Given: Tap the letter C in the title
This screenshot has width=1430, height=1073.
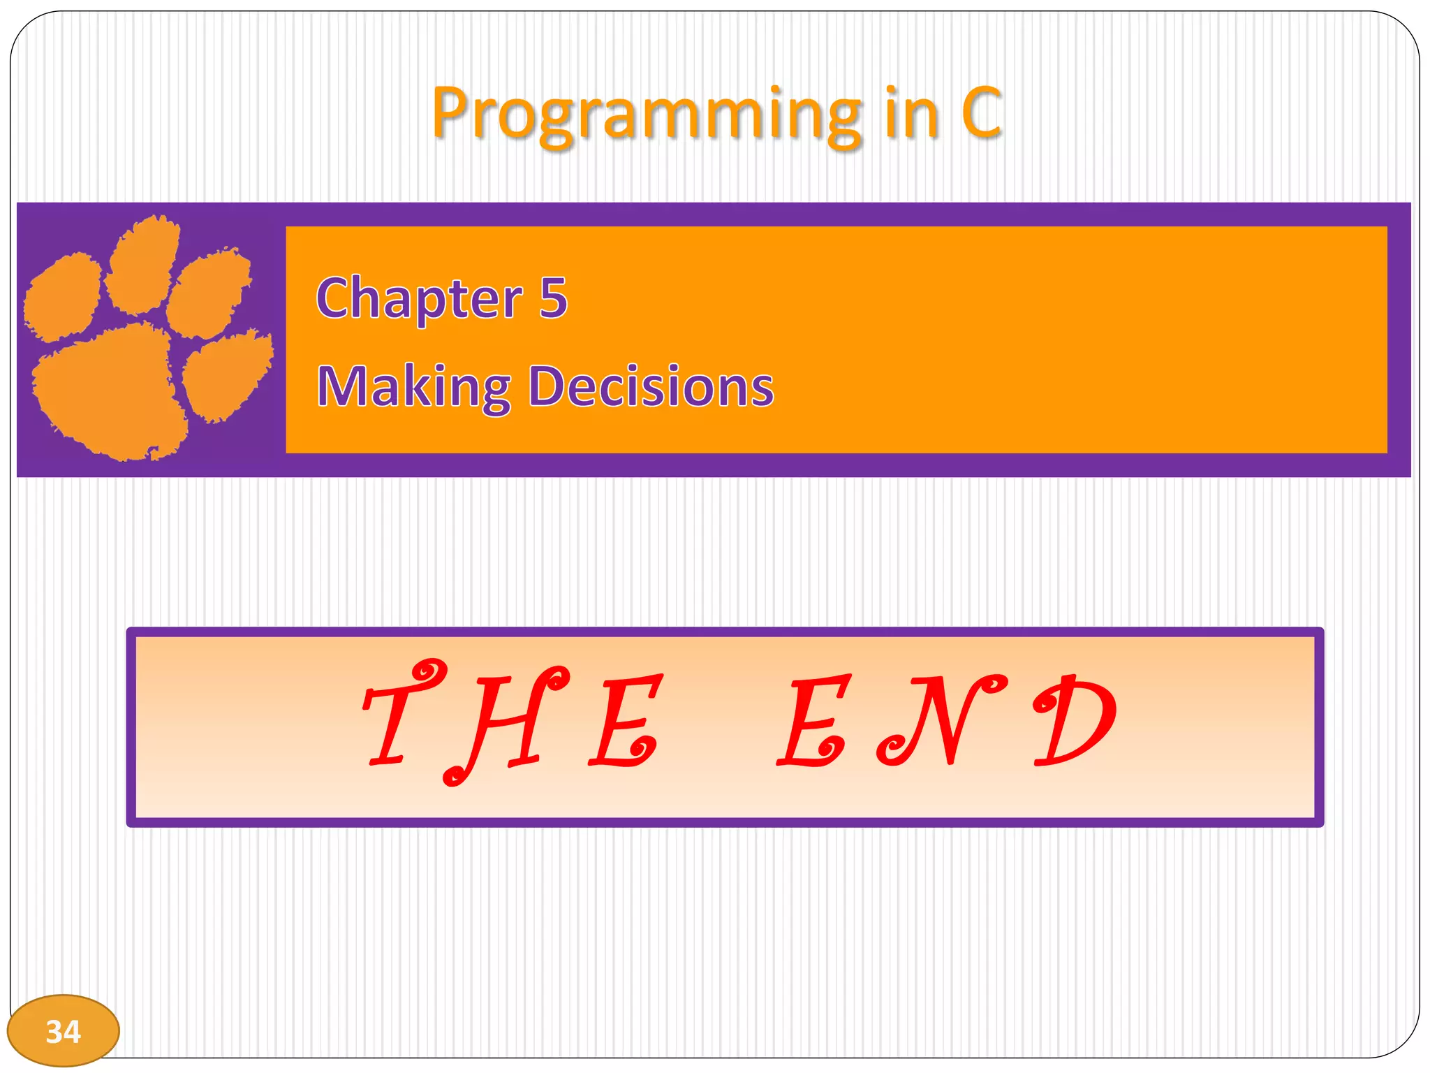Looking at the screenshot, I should point(981,112).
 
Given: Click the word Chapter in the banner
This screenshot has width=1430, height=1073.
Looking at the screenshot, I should point(419,298).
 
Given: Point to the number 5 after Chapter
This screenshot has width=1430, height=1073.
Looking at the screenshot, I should point(553,298).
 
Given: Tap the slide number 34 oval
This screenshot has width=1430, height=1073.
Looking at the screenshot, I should point(64,1030).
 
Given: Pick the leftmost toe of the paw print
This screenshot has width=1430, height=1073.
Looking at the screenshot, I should point(63,297).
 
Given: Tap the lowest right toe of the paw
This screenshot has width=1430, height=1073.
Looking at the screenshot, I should point(227,377).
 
